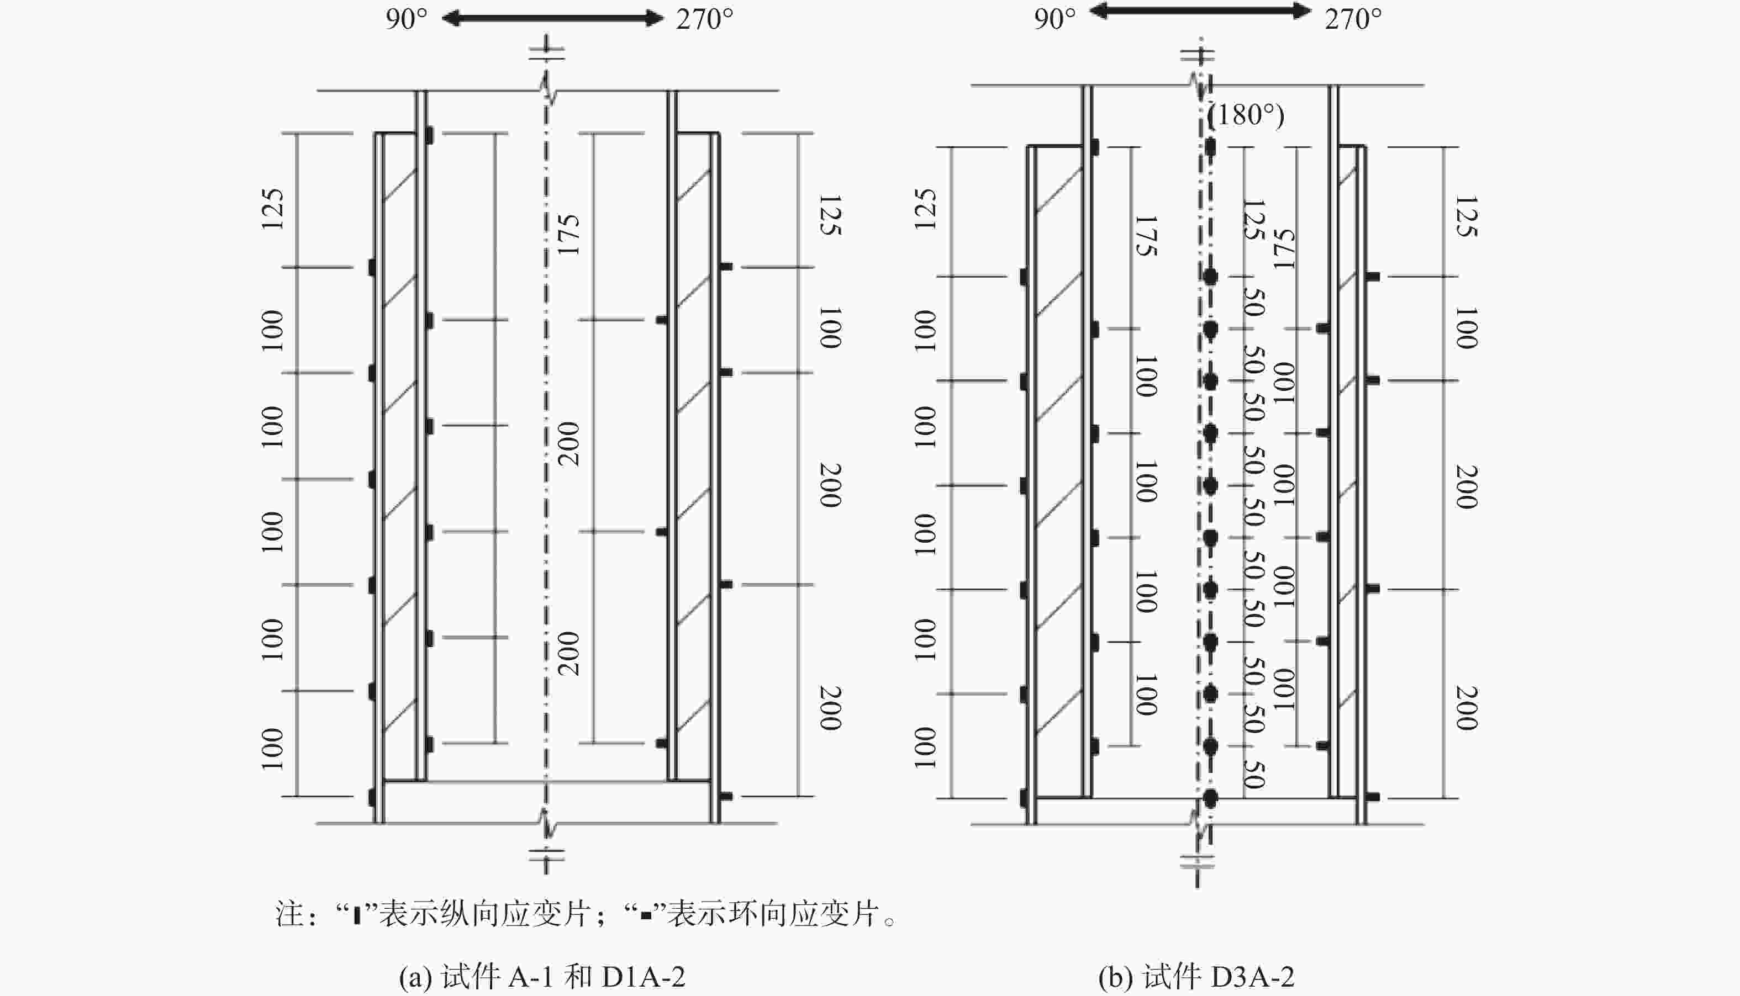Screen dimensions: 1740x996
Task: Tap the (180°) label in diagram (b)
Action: click(1245, 114)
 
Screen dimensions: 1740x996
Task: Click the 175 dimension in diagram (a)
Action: click(568, 235)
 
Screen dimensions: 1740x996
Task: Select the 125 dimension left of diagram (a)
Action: click(272, 209)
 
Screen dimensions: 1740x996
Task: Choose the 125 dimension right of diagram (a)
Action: click(830, 215)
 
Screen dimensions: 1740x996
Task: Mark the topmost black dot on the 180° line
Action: click(1210, 146)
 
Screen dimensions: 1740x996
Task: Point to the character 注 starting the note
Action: click(289, 914)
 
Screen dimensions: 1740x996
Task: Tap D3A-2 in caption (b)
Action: click(1252, 976)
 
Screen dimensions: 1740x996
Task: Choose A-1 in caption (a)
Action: click(530, 976)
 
